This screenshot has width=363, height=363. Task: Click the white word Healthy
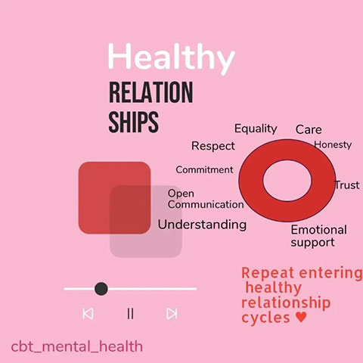(x=171, y=57)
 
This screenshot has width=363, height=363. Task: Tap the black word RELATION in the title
(x=151, y=92)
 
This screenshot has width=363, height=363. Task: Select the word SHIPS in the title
(x=134, y=122)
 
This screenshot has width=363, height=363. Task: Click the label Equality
(x=256, y=129)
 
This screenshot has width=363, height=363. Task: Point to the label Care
(x=309, y=129)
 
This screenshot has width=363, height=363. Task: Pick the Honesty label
(x=333, y=144)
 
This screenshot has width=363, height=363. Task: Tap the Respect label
(x=213, y=146)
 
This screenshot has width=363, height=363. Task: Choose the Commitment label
(x=204, y=169)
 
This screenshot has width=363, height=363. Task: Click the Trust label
(x=347, y=185)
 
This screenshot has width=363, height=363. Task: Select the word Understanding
(x=202, y=225)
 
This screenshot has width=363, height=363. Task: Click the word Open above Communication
(x=181, y=194)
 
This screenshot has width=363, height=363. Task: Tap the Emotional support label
(x=318, y=236)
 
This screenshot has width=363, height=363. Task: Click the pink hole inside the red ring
(x=287, y=181)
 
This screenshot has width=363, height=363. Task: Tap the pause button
(x=130, y=314)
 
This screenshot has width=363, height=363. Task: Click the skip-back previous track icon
(x=88, y=314)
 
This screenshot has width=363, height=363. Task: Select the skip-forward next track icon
(x=172, y=314)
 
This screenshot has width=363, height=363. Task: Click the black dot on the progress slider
(x=101, y=289)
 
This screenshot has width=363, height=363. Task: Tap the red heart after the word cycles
(x=301, y=317)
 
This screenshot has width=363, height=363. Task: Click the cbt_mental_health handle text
(x=77, y=346)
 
